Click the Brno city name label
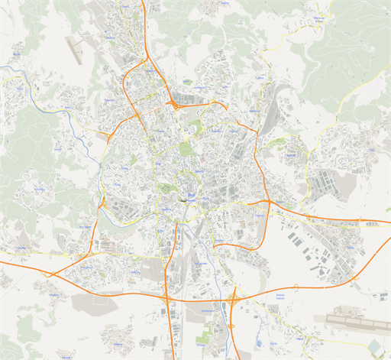coord(192,196)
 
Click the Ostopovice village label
coord(53,294)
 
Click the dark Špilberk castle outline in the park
coord(166,186)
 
